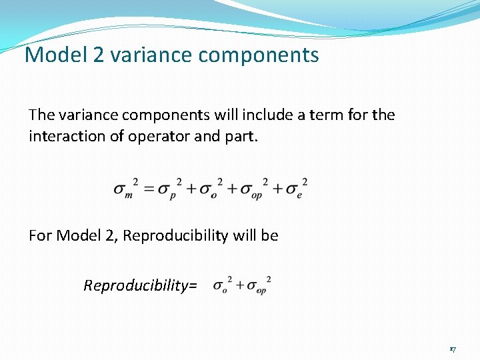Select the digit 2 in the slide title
99,55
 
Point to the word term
311,115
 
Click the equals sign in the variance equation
148,189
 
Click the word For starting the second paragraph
41,235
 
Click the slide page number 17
452,349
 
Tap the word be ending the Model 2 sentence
270,235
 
